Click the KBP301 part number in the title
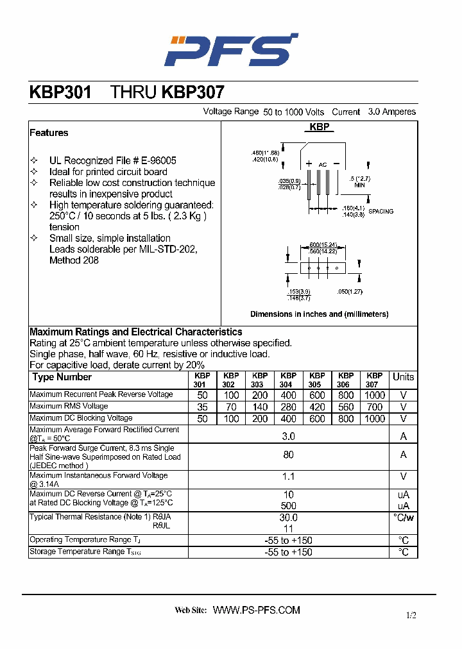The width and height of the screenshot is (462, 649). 60,92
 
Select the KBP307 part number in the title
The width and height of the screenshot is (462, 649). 193,92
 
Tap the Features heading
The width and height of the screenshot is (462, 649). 49,133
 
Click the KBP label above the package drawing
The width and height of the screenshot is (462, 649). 320,127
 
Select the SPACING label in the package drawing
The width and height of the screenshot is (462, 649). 381,211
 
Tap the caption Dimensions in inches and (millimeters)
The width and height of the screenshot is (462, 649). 319,314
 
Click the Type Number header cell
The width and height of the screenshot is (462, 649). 62,377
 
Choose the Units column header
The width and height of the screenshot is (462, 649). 404,377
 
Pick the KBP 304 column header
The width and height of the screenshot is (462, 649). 288,380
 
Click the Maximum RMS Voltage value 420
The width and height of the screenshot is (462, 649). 317,407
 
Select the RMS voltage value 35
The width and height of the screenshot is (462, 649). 202,407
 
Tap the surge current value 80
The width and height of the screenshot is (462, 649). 289,455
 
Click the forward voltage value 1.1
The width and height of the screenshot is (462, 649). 289,476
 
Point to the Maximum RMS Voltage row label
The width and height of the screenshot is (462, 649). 69,407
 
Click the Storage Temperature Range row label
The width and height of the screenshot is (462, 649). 85,552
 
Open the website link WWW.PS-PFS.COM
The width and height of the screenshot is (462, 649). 257,610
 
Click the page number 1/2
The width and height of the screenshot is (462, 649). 411,616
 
